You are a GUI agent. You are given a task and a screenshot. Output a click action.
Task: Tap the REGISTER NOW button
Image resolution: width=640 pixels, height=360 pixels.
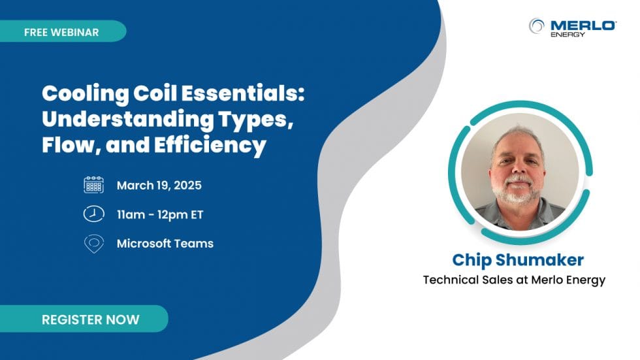[x=90, y=319]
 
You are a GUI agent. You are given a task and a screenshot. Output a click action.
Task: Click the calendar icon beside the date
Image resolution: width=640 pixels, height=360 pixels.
[x=94, y=185]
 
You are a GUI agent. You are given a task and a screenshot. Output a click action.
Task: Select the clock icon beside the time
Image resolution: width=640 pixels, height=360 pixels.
[x=94, y=214]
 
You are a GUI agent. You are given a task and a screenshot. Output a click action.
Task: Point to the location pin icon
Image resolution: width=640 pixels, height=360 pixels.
[x=94, y=244]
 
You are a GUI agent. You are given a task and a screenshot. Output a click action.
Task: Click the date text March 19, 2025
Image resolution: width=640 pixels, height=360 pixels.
[x=159, y=186]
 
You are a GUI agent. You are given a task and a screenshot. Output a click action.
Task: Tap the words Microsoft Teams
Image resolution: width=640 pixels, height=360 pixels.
[x=165, y=244]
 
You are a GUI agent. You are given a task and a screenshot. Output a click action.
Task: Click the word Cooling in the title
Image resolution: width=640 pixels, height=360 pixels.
[x=79, y=94]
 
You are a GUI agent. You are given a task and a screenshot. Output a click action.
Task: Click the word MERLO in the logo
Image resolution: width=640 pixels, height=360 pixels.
[x=583, y=25]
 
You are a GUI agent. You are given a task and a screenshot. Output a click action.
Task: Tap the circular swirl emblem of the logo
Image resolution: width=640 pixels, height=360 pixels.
[x=537, y=26]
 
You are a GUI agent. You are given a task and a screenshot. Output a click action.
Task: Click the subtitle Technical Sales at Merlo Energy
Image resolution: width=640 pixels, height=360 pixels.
[x=514, y=280]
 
